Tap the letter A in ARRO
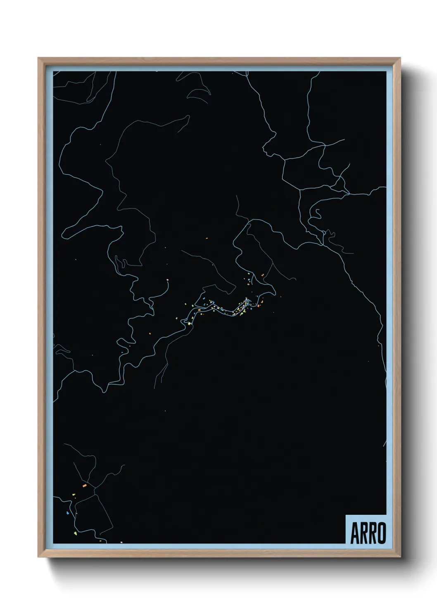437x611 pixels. [x=355, y=533]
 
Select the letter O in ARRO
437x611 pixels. [x=381, y=533]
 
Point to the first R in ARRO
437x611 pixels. [x=363, y=533]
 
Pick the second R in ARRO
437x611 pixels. [x=372, y=533]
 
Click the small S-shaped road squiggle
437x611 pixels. [x=318, y=213]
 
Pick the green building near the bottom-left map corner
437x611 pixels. [x=75, y=533]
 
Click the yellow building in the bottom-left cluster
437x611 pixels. [x=73, y=494]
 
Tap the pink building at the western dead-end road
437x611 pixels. [x=167, y=280]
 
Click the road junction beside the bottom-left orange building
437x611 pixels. [x=95, y=488]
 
